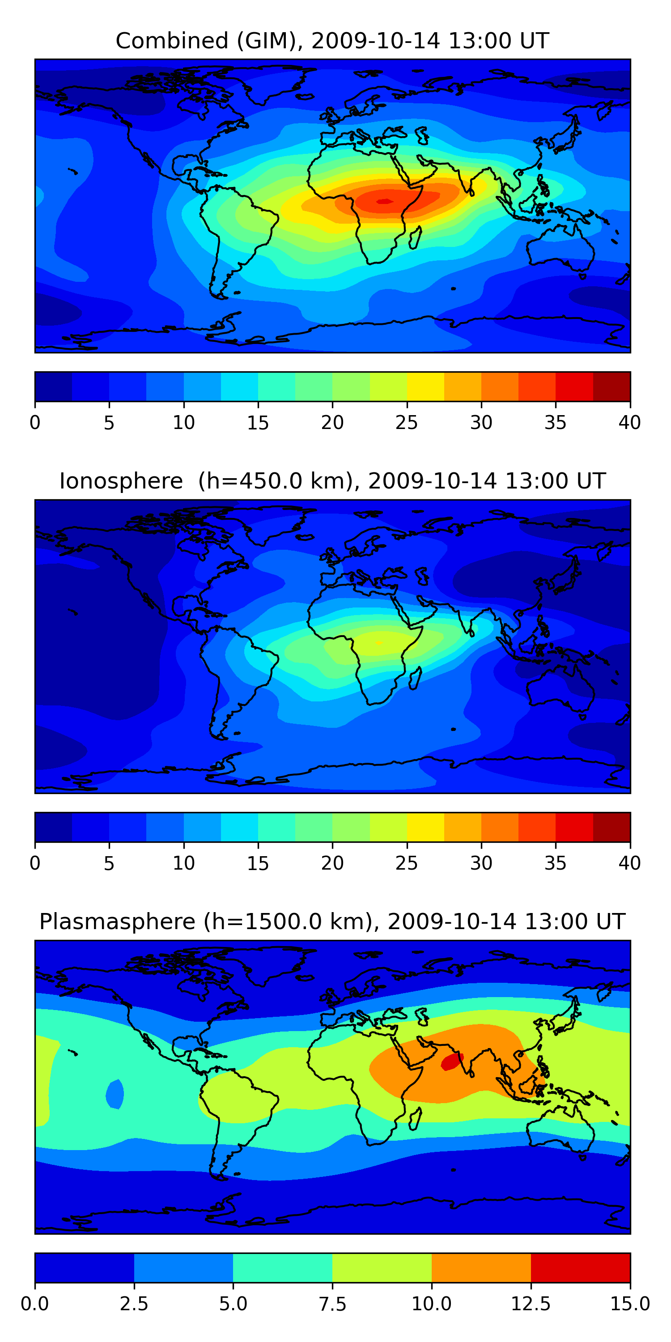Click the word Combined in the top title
pyautogui.click(x=172, y=41)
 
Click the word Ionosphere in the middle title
pyautogui.click(x=121, y=481)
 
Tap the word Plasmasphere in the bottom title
pyautogui.click(x=117, y=922)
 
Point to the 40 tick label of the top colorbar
pyautogui.click(x=629, y=422)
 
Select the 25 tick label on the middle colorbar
pyautogui.click(x=406, y=863)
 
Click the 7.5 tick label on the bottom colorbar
pyautogui.click(x=332, y=1304)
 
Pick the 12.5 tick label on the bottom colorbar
pyautogui.click(x=531, y=1304)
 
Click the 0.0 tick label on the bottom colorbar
pyautogui.click(x=35, y=1304)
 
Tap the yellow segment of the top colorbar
pyautogui.click(x=425, y=386)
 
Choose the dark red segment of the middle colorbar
pyautogui.click(x=612, y=827)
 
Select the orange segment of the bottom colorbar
pyautogui.click(x=481, y=1267)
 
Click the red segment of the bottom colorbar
pyautogui.click(x=580, y=1267)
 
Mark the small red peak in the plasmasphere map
pyautogui.click(x=452, y=1062)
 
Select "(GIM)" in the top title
pyautogui.click(x=270, y=41)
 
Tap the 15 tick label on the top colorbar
pyautogui.click(x=258, y=422)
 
